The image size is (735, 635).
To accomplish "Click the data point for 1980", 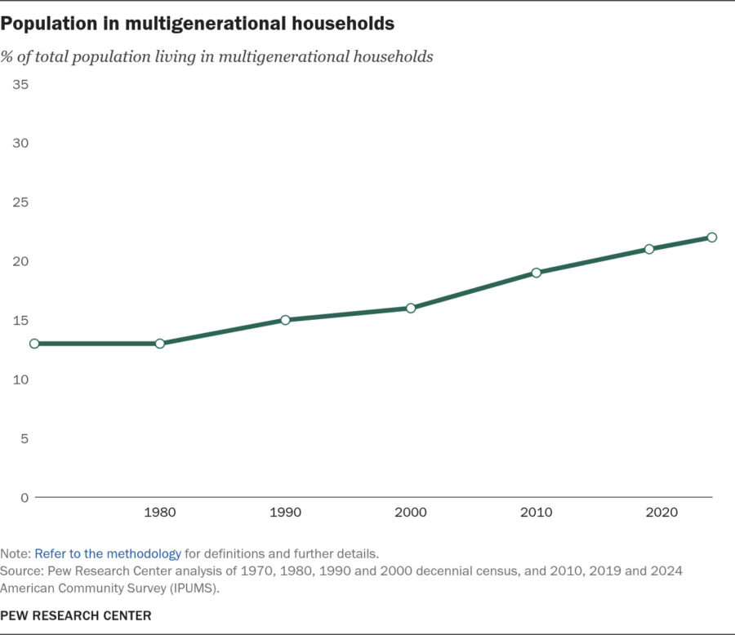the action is coord(160,344).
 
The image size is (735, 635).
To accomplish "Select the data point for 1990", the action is coord(285,320).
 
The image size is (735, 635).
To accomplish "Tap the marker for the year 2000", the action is coord(411,308).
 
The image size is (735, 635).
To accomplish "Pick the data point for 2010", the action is coord(537,273).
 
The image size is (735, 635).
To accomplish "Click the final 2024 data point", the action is coord(711,238).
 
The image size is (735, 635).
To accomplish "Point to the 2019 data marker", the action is coord(648,249).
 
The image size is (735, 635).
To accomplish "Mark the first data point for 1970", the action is coord(34,344).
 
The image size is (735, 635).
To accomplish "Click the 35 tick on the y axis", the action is coord(20,84).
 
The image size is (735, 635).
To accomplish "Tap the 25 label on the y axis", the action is coord(20,202).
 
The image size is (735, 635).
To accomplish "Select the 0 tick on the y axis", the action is coord(24,498).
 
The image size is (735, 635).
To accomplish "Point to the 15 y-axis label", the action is coord(20,321).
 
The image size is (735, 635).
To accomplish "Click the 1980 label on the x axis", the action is coord(160,513).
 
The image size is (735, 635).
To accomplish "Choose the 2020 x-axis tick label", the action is coord(661,513).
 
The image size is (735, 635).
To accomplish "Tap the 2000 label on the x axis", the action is coord(411,513).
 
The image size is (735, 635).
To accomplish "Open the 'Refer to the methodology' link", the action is coord(108,553).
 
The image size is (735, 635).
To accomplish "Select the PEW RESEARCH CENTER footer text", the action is coord(76,615).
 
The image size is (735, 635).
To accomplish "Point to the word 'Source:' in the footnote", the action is coord(22,571).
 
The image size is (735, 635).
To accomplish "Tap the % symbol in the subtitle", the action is coord(7,57).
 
